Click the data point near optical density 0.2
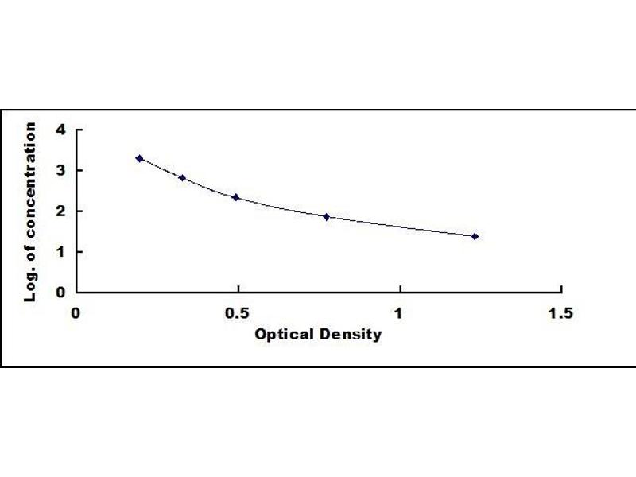139,158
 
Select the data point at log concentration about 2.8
182,177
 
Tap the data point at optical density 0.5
235,197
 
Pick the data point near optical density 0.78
327,216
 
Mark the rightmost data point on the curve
475,236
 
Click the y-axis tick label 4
60,130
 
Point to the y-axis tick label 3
60,171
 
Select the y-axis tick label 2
60,211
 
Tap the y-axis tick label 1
60,252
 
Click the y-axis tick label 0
60,293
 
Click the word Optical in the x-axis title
277,335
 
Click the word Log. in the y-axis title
31,284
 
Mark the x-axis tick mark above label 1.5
561,289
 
